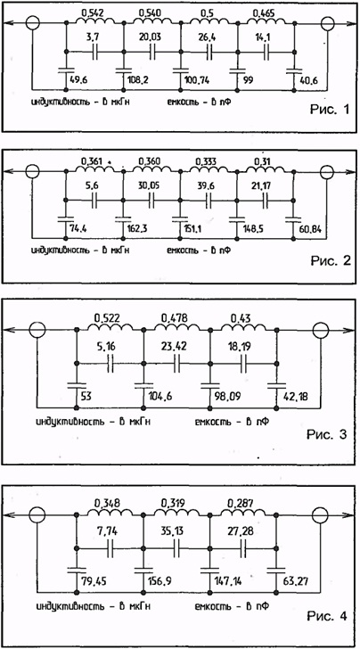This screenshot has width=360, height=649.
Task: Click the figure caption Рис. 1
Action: (330, 111)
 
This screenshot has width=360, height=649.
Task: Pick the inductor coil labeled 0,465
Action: (266, 21)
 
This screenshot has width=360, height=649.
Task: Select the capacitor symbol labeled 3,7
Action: (94, 52)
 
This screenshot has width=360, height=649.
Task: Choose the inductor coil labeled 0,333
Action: (209, 169)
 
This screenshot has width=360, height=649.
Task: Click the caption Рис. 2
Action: (330, 260)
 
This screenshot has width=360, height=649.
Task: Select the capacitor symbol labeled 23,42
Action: (176, 364)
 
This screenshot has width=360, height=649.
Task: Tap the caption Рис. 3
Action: (327, 435)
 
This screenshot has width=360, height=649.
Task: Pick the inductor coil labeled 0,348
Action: (110, 513)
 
